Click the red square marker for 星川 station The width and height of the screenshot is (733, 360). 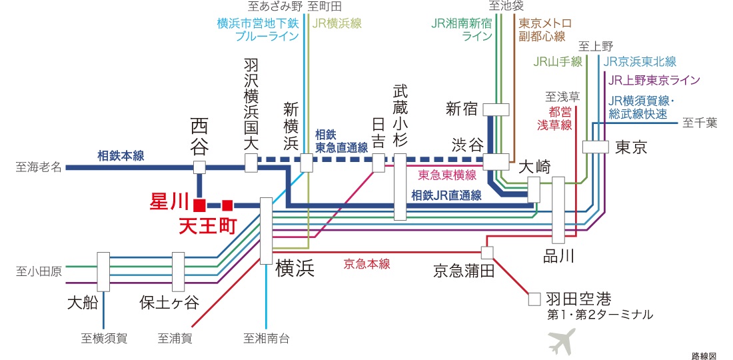[199, 205]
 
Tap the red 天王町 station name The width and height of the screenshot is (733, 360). [208, 227]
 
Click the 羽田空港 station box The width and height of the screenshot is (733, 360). [534, 299]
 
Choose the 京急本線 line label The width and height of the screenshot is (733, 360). [366, 263]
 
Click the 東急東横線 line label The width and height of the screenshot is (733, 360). [447, 175]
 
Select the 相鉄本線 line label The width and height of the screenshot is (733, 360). [121, 156]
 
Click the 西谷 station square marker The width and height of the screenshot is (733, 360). [199, 167]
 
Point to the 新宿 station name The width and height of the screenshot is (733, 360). [462, 109]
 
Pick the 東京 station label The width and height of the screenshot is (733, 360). [631, 147]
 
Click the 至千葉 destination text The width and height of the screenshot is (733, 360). [700, 123]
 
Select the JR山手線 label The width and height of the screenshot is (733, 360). [558, 62]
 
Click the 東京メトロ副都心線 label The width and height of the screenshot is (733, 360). [542, 29]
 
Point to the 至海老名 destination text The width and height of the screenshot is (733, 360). [39, 167]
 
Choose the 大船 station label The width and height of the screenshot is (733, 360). [83, 303]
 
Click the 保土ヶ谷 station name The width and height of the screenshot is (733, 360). [169, 303]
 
